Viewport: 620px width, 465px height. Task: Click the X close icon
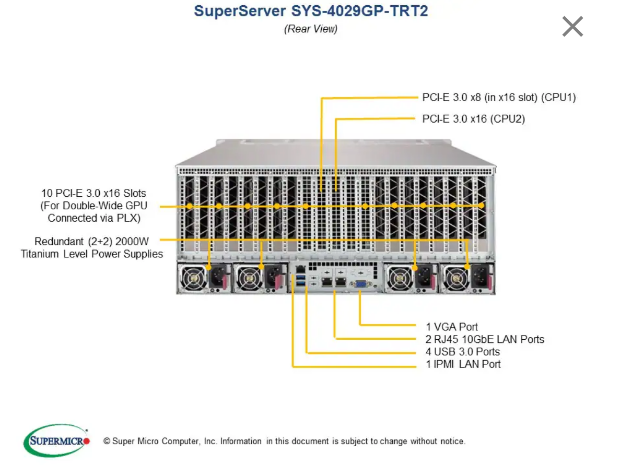click(x=572, y=27)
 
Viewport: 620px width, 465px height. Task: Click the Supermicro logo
click(x=56, y=440)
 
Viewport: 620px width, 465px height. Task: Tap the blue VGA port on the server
click(x=360, y=284)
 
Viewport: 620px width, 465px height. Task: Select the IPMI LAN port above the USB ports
click(x=300, y=269)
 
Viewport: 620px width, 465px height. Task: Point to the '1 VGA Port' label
click(x=452, y=327)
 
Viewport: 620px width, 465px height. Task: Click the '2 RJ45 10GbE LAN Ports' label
click(x=485, y=339)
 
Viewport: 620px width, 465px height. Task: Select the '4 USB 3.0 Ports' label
click(x=463, y=352)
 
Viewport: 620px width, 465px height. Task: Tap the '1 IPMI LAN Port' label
click(x=463, y=364)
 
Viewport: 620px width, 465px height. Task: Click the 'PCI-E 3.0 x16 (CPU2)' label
click(x=474, y=119)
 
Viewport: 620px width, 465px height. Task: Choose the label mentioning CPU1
click(x=499, y=97)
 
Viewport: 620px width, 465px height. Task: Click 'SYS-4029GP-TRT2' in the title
click(x=359, y=10)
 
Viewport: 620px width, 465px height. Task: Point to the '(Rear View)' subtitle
click(x=311, y=29)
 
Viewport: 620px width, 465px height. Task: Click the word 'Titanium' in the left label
click(x=40, y=254)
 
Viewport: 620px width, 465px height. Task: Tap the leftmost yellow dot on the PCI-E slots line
click(x=190, y=206)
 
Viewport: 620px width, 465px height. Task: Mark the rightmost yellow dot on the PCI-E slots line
click(x=481, y=206)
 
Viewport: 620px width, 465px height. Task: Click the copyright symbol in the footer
click(x=107, y=441)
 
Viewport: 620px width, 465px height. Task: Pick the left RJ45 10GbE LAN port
click(x=327, y=282)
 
